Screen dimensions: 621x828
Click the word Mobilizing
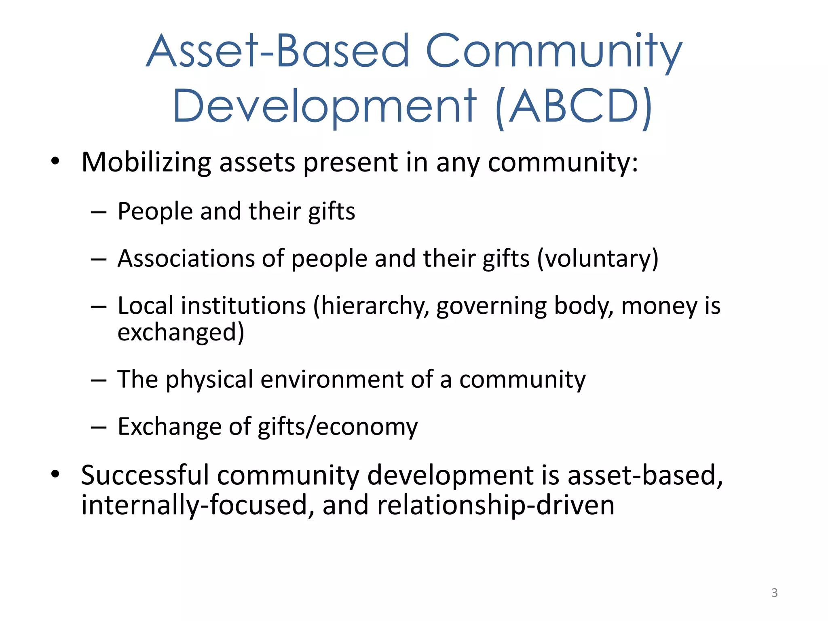click(x=146, y=163)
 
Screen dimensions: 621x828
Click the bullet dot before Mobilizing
click(x=55, y=162)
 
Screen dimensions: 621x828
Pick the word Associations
click(x=186, y=258)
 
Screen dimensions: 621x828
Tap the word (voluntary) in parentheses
click(x=598, y=259)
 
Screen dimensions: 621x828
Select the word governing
click(x=491, y=306)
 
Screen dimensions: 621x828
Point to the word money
click(x=659, y=306)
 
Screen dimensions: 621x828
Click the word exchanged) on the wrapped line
click(x=181, y=333)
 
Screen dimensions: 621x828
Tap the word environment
click(x=332, y=380)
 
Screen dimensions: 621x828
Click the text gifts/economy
click(x=338, y=427)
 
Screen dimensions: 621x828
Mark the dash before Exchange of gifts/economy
click(x=99, y=427)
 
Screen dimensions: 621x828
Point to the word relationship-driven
click(x=496, y=505)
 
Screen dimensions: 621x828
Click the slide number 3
click(x=774, y=593)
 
